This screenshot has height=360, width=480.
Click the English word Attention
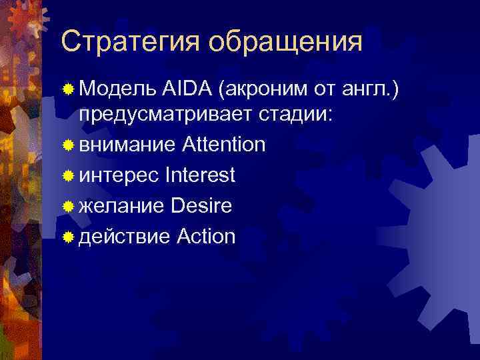pos(223,145)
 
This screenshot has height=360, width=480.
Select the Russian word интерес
pos(119,175)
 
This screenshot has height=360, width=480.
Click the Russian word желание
pos(122,206)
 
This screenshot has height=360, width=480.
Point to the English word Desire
pos(201,206)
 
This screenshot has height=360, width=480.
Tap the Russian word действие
pos(126,237)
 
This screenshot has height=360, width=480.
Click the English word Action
pos(207,237)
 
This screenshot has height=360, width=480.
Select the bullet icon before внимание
pos(68,145)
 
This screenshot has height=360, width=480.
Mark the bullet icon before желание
pos(68,207)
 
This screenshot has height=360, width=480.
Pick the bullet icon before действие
pos(68,237)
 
